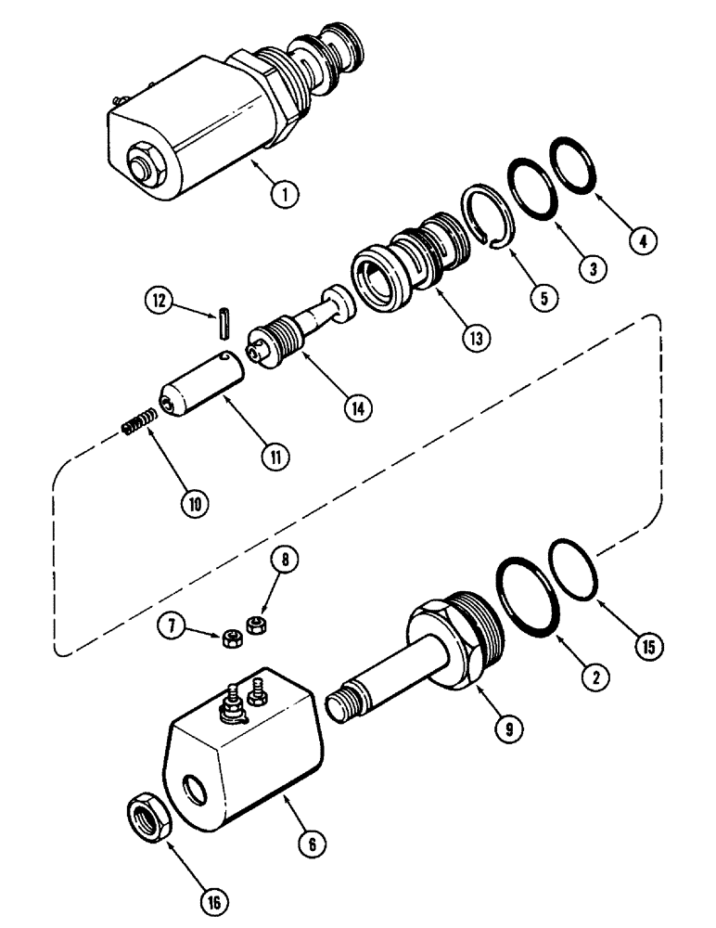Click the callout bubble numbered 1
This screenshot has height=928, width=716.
(285, 194)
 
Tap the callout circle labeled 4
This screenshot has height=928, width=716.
(643, 240)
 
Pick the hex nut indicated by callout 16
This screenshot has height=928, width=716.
(146, 818)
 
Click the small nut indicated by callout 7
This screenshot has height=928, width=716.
(234, 637)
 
